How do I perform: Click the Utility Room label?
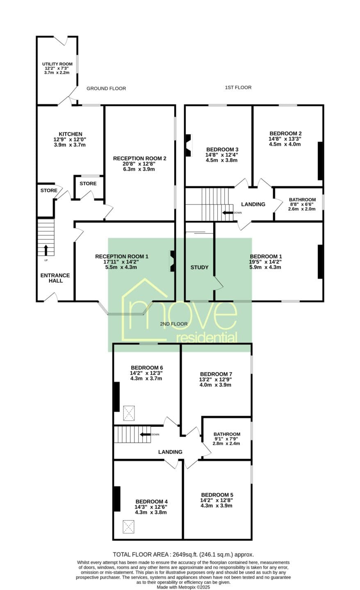[x=57, y=64]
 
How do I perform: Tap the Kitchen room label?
[x=71, y=134]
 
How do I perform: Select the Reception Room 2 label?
[x=140, y=158]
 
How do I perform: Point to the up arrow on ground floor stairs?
[x=46, y=250]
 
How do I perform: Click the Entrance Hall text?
[x=55, y=278]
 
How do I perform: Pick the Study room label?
[x=200, y=267]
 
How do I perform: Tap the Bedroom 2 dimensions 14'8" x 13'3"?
[x=285, y=139]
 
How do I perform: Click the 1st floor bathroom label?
[x=302, y=200]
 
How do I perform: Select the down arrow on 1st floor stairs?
[x=228, y=213]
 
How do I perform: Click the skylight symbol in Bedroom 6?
[x=129, y=413]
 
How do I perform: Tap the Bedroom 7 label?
[x=216, y=374]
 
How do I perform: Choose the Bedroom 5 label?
[x=217, y=495]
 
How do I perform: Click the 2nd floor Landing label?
[x=170, y=452]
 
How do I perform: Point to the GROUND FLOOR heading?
[x=106, y=88]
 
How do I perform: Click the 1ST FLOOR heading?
[x=238, y=87]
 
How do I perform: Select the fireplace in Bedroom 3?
[x=189, y=145]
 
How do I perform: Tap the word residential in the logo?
[x=207, y=338]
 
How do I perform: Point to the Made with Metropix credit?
[x=183, y=588]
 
